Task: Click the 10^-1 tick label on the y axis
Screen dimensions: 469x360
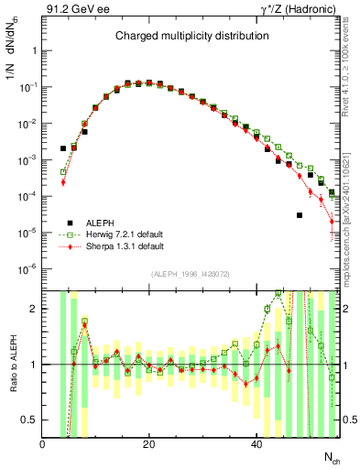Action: pos(28,87)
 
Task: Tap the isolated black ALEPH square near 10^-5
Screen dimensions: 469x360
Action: pos(300,215)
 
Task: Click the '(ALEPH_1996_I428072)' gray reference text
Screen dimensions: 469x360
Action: pos(191,275)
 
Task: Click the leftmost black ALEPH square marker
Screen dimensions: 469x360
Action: pos(63,147)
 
